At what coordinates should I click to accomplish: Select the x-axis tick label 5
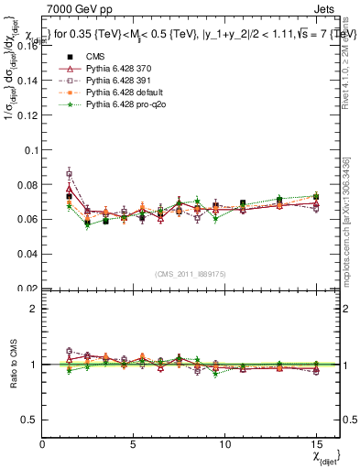click(x=135, y=442)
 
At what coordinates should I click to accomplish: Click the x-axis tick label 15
click(x=316, y=442)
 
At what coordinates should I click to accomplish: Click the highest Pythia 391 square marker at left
click(x=69, y=173)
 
